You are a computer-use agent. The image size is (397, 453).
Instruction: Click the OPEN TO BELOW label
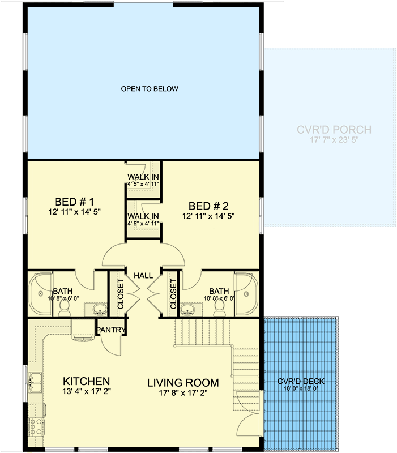150,89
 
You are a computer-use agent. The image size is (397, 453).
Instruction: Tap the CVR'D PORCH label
334,130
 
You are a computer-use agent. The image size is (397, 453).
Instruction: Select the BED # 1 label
74,202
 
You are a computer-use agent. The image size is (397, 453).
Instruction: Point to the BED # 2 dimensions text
208,216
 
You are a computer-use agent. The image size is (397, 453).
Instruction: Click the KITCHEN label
87,381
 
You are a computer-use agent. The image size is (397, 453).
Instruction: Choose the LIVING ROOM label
183,383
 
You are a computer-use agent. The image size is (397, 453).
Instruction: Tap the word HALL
143,276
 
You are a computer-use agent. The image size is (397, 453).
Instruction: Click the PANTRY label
110,330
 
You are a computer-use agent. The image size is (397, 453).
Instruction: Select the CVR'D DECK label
301,381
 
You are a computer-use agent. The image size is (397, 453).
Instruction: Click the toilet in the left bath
64,309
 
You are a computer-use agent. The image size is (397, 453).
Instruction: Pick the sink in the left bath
100,310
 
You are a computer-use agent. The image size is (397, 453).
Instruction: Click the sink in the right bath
187,310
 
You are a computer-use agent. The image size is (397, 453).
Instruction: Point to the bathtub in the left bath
41,294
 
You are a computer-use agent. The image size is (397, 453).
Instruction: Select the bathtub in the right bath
246,294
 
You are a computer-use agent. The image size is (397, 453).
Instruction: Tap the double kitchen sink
35,382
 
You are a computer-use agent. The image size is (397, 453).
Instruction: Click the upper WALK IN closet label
143,177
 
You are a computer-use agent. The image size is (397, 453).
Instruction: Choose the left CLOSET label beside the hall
121,294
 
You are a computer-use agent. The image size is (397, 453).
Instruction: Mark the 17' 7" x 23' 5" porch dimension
334,140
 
